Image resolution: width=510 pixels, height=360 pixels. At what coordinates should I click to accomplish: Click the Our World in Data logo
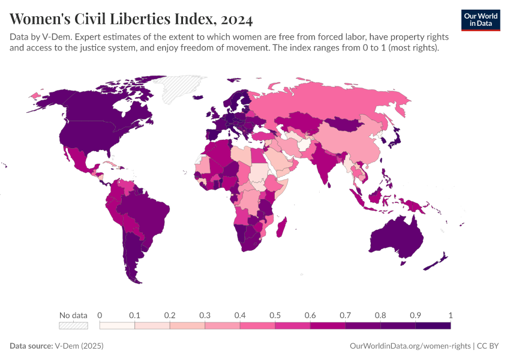click(480, 20)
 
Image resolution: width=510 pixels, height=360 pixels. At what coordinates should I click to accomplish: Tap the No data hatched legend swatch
click(73, 326)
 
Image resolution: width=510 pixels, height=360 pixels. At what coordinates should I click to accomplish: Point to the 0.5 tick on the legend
click(275, 315)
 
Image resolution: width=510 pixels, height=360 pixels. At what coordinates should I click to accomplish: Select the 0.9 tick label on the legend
click(415, 315)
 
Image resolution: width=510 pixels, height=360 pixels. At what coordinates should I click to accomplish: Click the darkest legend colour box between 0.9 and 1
click(433, 326)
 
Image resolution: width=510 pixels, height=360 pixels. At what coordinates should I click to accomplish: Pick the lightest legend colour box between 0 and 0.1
click(117, 326)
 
